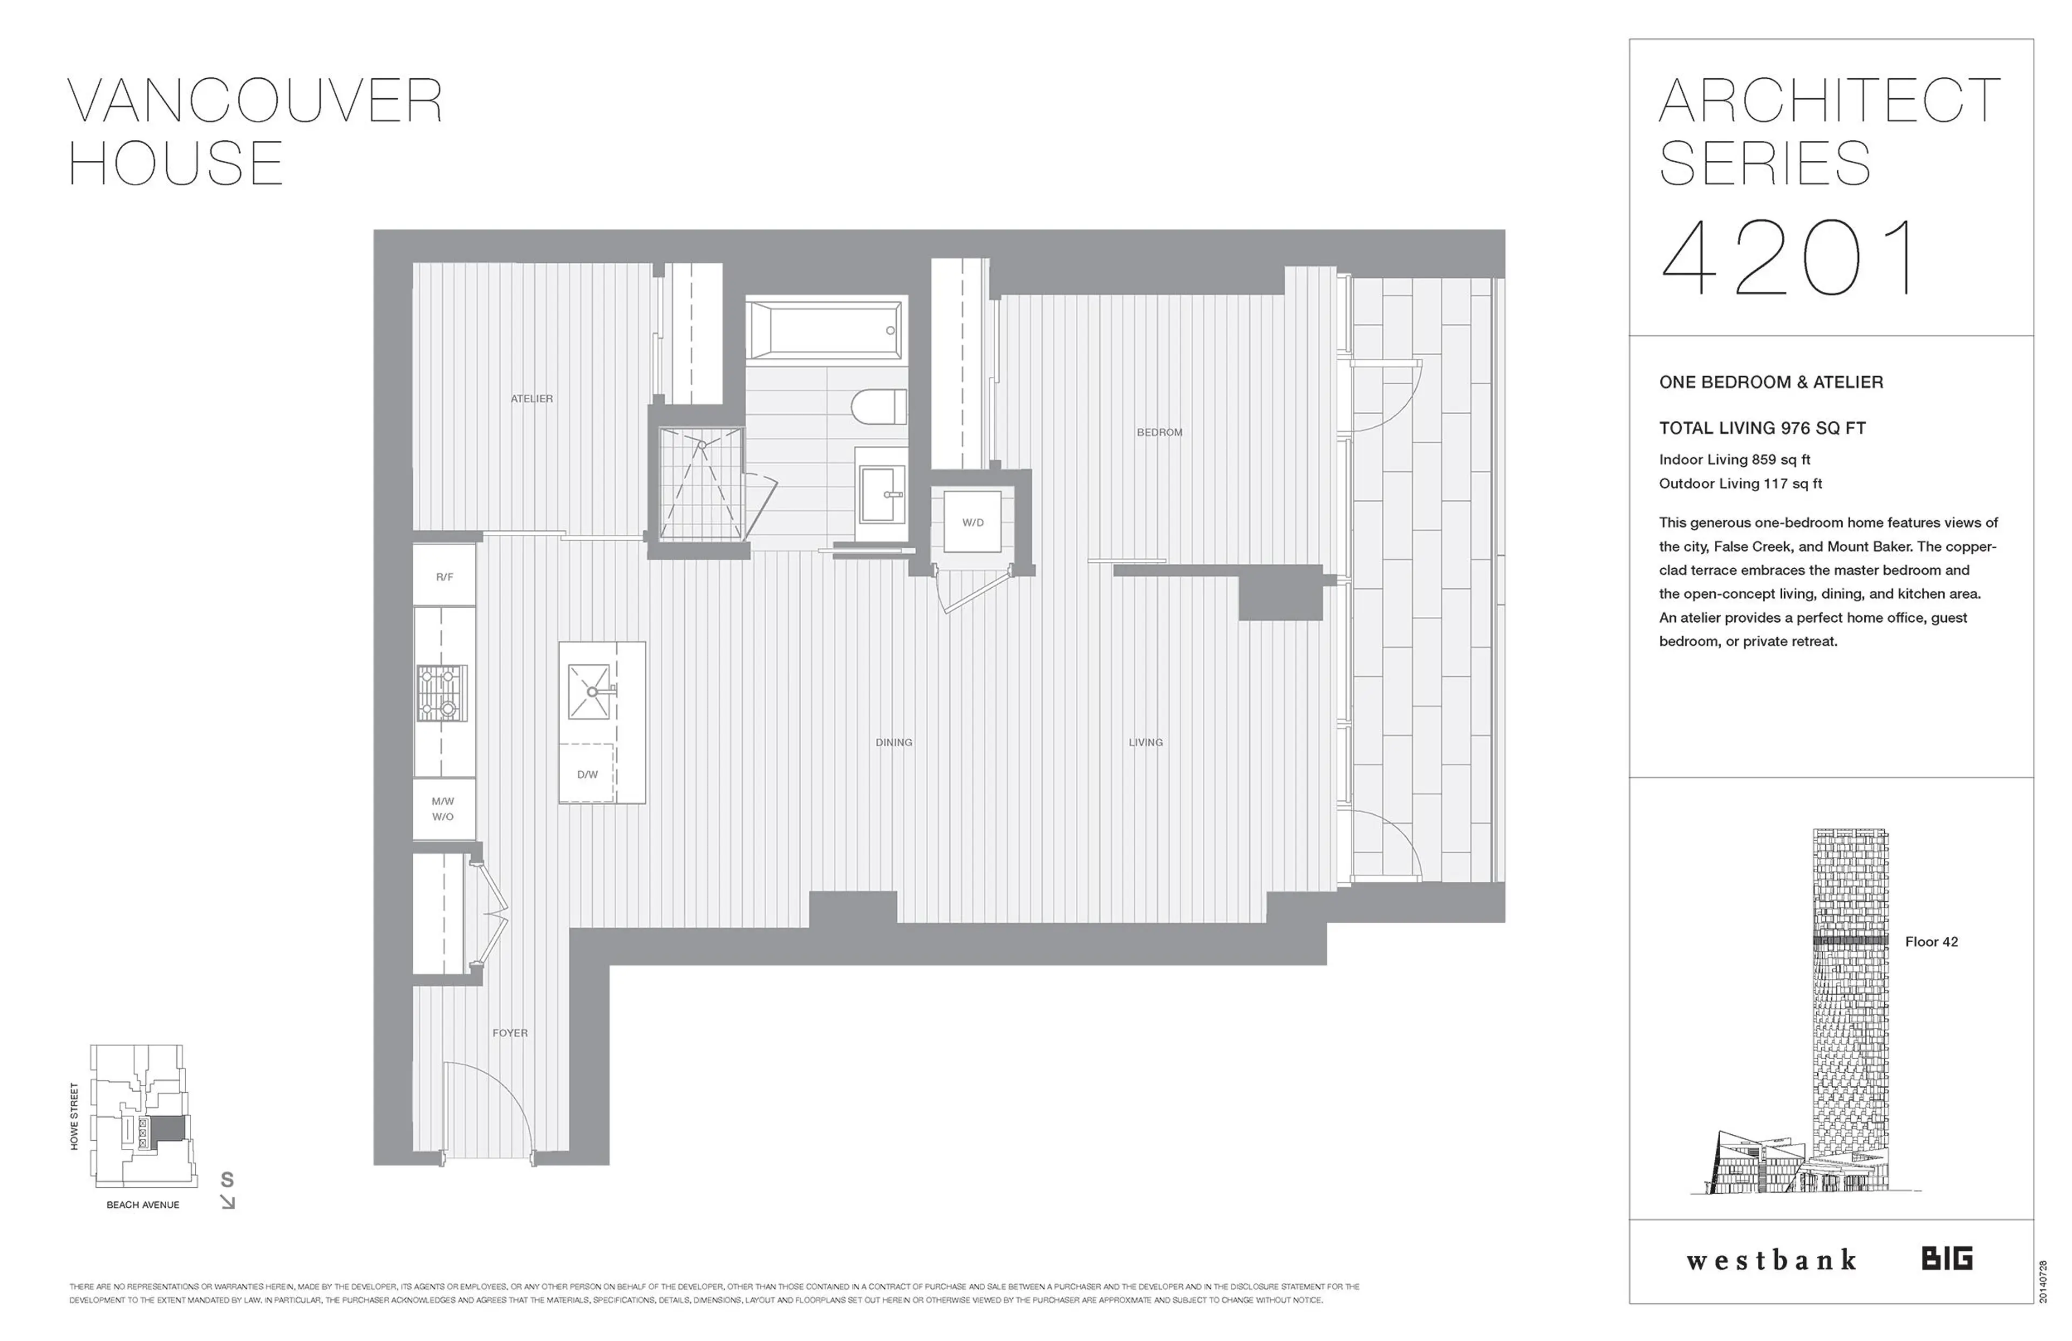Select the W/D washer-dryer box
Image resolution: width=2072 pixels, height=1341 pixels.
972,522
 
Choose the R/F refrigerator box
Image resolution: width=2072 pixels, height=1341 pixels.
444,576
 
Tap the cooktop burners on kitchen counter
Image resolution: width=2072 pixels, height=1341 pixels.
442,693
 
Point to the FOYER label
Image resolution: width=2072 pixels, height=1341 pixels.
509,1033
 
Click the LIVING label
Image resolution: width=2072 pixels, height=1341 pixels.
1145,743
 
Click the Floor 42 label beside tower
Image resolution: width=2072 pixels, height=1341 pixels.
1931,941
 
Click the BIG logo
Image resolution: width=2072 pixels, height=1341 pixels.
1947,1259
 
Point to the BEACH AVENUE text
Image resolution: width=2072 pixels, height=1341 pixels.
143,1205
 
